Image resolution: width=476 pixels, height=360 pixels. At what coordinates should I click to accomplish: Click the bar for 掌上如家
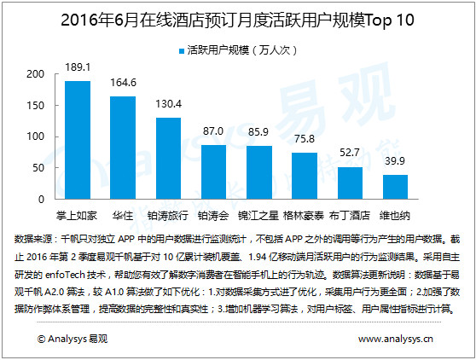[78, 140]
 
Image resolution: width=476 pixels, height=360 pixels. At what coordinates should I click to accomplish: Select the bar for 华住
[123, 148]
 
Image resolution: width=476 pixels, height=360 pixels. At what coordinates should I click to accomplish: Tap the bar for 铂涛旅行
[169, 158]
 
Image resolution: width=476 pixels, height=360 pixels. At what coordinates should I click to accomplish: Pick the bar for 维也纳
[395, 187]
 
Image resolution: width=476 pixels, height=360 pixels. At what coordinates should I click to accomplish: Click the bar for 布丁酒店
[350, 183]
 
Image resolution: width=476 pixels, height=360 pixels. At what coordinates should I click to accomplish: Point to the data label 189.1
[78, 67]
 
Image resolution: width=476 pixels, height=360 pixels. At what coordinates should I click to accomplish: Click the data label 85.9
[258, 131]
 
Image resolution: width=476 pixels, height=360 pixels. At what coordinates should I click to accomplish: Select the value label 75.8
[305, 139]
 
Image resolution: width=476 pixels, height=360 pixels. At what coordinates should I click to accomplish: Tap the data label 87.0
[213, 131]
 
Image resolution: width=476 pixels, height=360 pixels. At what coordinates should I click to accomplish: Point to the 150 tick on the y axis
[36, 106]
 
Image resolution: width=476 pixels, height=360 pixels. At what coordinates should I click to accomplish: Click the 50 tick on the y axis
[38, 168]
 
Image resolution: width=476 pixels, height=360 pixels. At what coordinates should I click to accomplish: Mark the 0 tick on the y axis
[41, 200]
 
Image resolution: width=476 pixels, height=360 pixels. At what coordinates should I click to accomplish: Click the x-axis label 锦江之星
[258, 216]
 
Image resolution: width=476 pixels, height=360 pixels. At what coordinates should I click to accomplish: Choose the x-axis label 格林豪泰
[304, 216]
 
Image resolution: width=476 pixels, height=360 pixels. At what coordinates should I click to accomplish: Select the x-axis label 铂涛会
[213, 216]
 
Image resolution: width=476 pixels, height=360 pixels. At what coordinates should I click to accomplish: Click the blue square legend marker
[182, 51]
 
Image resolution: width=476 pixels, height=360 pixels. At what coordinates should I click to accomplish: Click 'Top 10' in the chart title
[390, 20]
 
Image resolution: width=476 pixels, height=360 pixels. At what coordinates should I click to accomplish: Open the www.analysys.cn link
[396, 339]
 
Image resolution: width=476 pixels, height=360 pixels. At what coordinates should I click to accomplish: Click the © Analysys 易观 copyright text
[73, 339]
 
